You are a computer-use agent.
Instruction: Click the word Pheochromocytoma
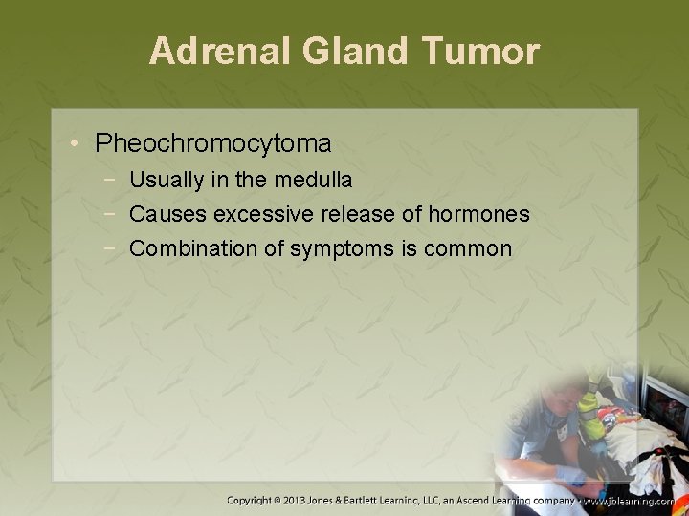[213, 144]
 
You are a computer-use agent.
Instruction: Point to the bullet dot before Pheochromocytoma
[75, 144]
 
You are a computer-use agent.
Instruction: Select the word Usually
[164, 180]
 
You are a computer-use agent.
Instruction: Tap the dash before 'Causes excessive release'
[113, 214]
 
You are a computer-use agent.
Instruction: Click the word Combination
[189, 248]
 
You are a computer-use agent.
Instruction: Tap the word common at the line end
[467, 248]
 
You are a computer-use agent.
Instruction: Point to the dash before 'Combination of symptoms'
[113, 248]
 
